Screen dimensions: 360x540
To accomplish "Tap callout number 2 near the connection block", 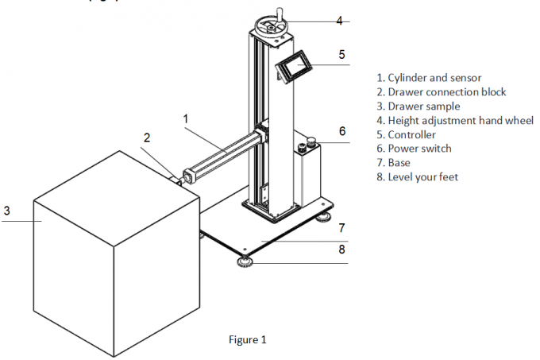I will coord(146,137).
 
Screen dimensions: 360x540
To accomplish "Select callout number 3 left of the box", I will coord(6,211).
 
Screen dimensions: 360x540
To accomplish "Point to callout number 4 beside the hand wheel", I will coord(338,21).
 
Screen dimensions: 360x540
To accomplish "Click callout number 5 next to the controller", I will coord(341,55).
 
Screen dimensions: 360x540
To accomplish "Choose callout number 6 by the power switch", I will coord(341,130).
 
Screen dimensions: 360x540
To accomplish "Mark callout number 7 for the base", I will coord(341,228).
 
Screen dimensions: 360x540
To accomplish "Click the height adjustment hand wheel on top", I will coord(272,27).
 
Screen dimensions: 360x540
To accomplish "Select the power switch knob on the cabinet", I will coord(311,143).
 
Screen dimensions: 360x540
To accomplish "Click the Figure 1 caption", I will coord(247,340).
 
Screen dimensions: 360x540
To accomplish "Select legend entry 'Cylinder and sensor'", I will coord(433,78).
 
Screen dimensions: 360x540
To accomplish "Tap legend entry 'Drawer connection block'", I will coord(441,92).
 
